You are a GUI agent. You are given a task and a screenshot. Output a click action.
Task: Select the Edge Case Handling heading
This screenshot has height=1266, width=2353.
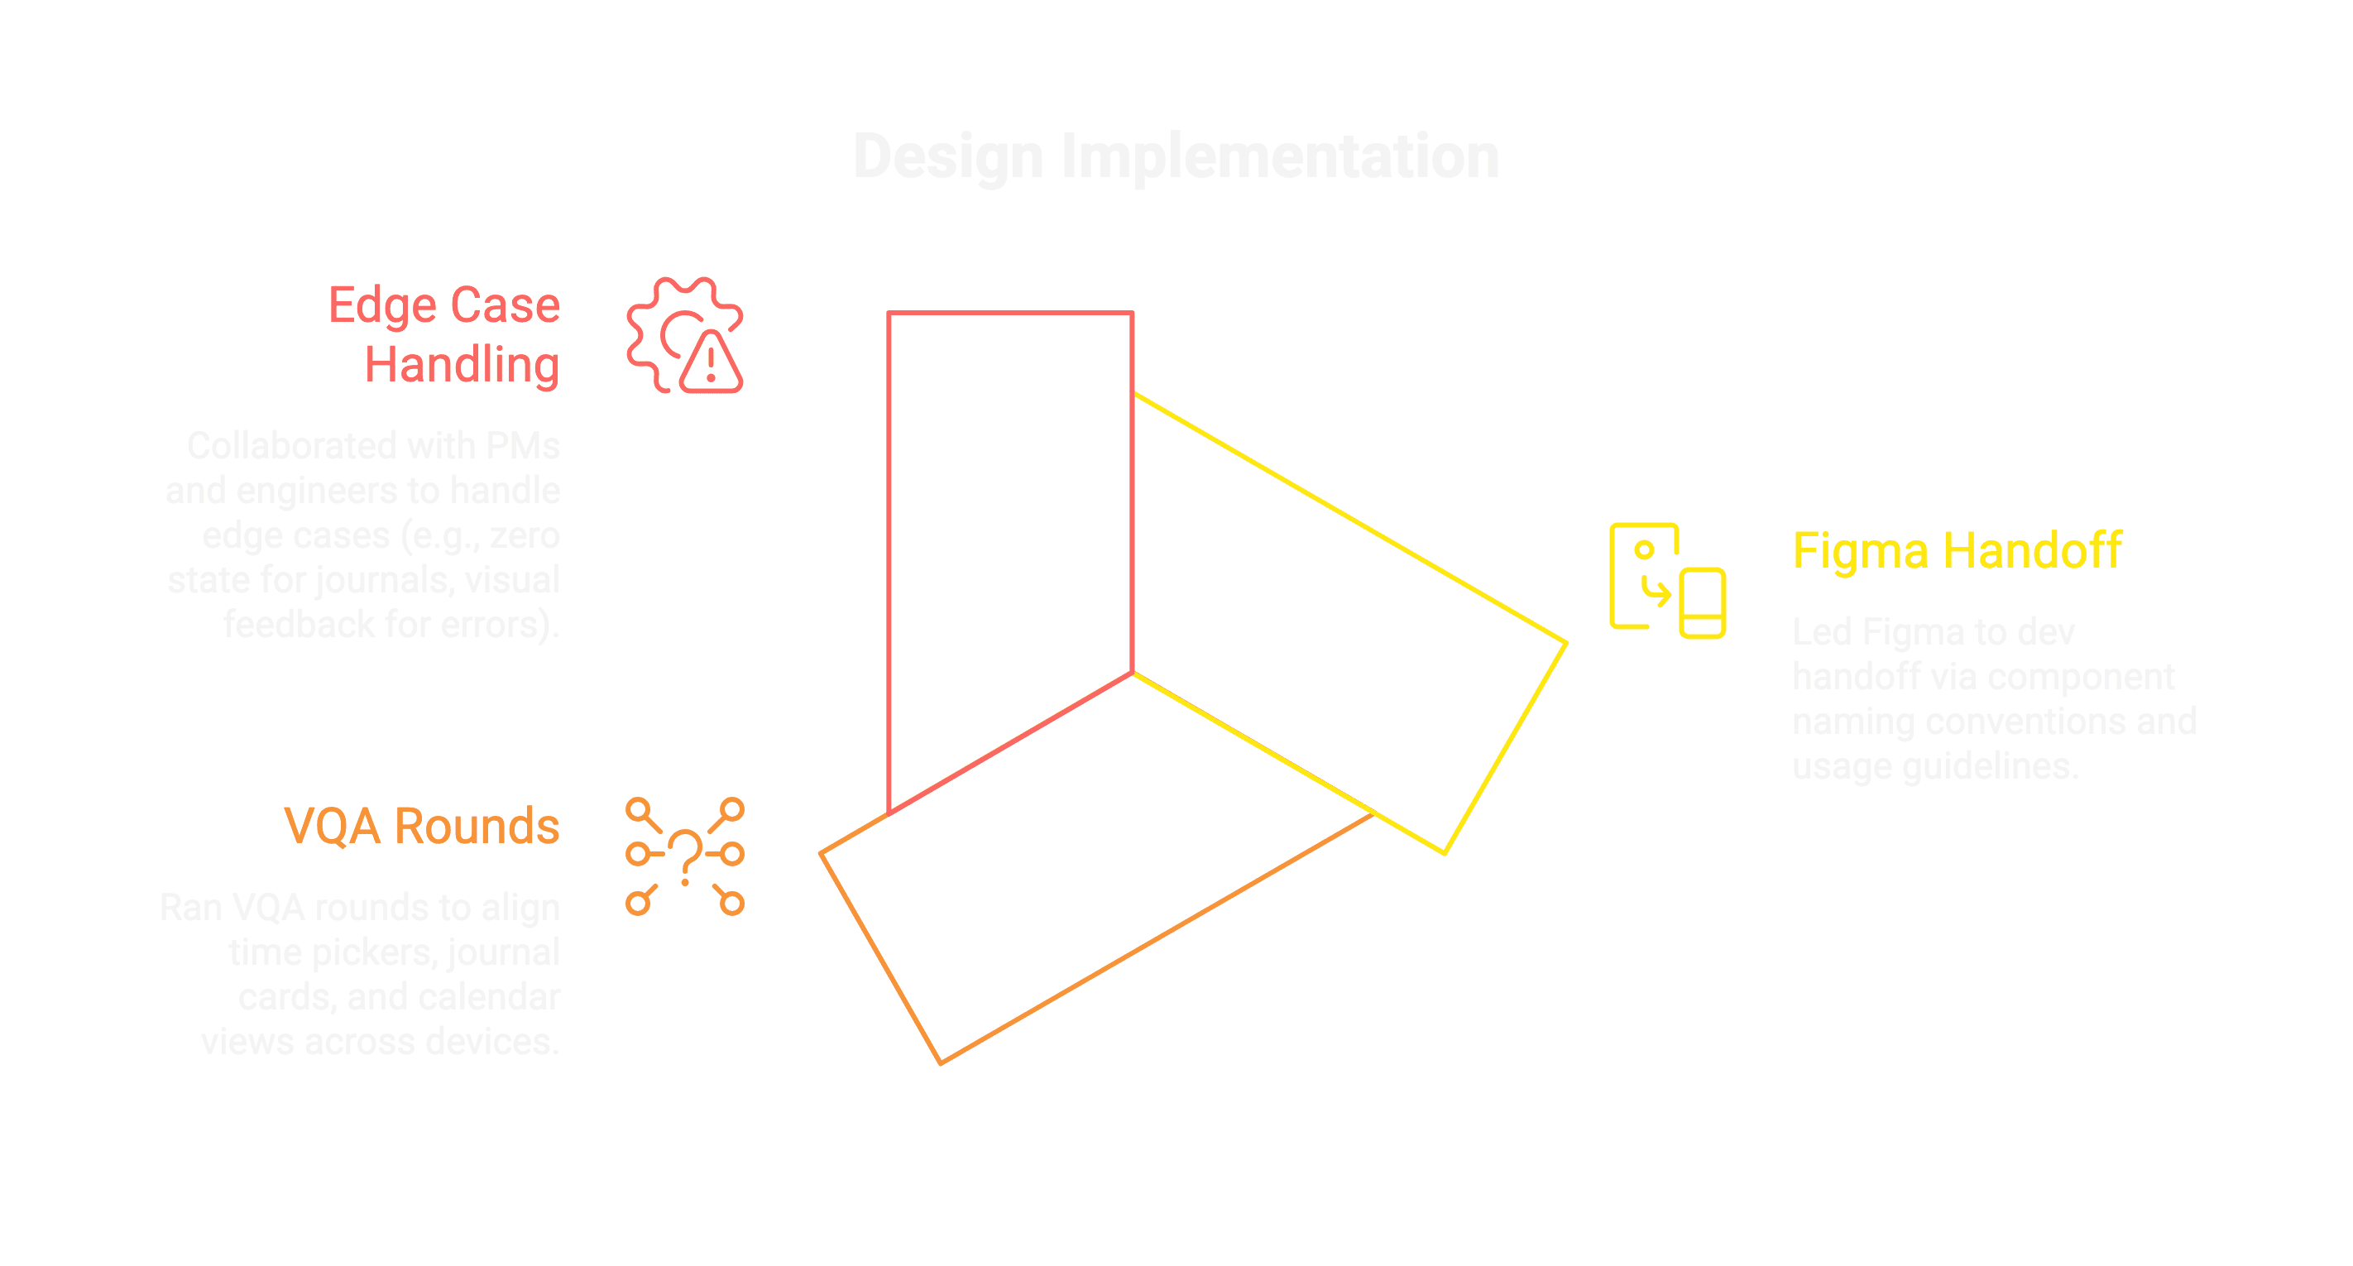(445, 334)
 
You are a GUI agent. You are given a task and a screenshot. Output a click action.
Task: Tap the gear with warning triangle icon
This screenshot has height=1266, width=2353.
(684, 335)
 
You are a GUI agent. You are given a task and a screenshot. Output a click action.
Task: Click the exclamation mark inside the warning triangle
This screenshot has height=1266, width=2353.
(711, 363)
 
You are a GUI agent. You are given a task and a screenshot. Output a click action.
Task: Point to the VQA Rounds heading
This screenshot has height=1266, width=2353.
(422, 826)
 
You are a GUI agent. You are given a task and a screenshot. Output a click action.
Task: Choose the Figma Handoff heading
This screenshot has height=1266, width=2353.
(1957, 551)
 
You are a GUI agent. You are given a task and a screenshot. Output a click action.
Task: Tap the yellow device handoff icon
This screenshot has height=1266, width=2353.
(1667, 581)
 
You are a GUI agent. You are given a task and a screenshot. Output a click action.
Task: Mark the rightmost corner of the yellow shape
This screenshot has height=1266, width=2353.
(1565, 643)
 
